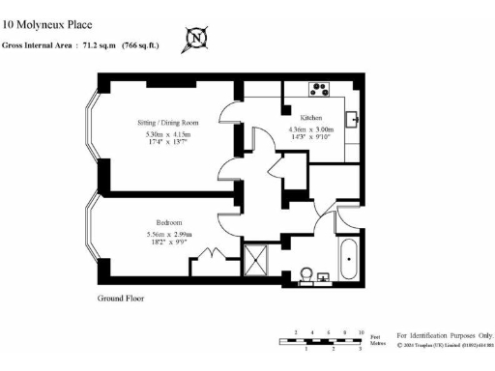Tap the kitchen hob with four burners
(319, 90)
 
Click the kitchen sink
(352, 120)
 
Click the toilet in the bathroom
(307, 274)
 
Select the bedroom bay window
(92, 232)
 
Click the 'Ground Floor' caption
(121, 299)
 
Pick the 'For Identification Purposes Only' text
(445, 332)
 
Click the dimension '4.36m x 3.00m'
(311, 129)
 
